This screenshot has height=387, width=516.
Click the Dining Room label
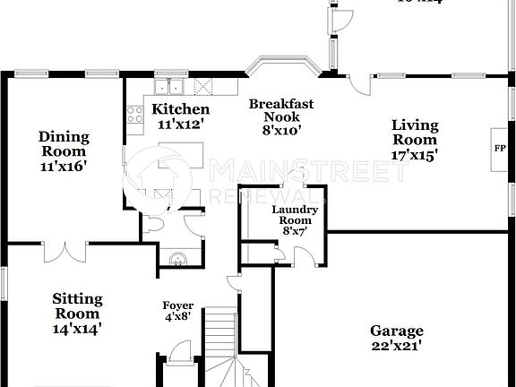tap(64, 143)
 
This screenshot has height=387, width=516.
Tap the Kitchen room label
tap(180, 109)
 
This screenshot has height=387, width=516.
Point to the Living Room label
tap(415, 132)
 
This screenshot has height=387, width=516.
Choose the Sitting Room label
tap(77, 305)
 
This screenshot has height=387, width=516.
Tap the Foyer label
tap(177, 305)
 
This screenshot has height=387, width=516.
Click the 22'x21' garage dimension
tap(396, 345)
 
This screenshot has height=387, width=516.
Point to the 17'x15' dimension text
tap(415, 154)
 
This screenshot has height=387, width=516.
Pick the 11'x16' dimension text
tap(64, 166)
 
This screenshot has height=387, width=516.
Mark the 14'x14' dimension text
tap(77, 328)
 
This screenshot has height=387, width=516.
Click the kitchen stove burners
tap(135, 114)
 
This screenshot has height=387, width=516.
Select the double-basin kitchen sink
tap(168, 87)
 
